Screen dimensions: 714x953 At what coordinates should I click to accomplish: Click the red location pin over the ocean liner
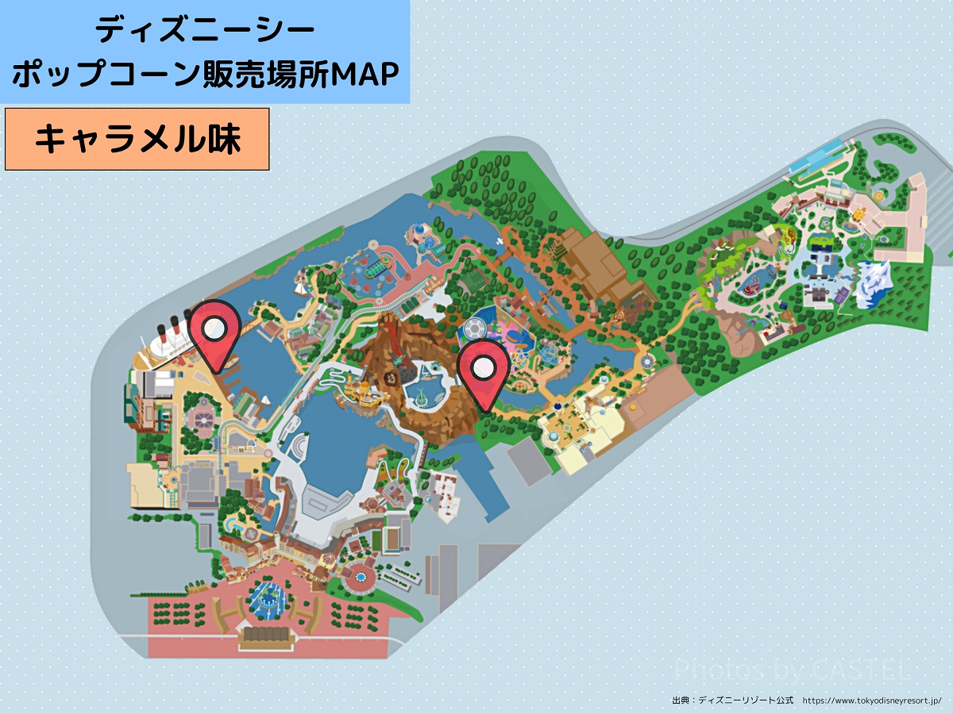tap(214, 329)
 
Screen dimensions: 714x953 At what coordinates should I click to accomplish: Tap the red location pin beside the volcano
tap(483, 368)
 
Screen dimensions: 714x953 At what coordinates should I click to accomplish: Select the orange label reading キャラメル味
tap(137, 140)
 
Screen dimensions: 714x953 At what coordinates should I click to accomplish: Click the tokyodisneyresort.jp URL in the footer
tap(871, 701)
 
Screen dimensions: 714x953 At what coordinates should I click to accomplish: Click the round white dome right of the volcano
tap(473, 328)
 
